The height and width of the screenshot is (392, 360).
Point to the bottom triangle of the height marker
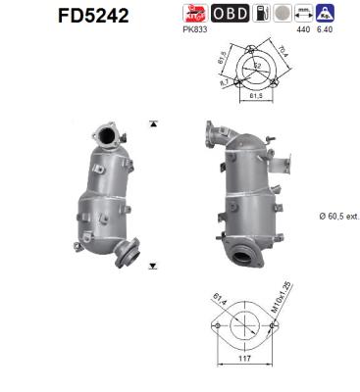(x=153, y=266)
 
